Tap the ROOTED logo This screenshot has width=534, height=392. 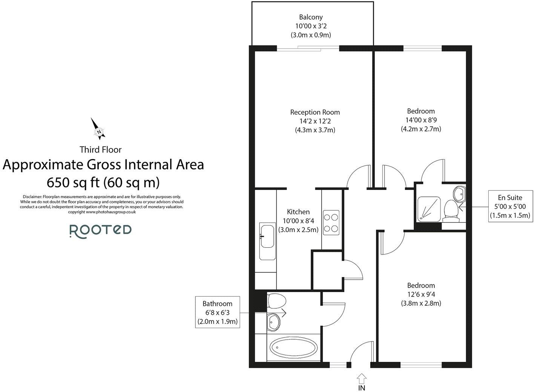[101, 230]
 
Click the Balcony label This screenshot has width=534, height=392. [311, 17]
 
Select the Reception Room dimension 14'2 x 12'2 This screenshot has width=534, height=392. [315, 121]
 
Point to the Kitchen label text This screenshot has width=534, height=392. [298, 212]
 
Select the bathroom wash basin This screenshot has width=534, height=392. [275, 322]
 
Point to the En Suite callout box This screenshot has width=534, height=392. [510, 207]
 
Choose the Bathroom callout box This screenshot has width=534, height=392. [217, 312]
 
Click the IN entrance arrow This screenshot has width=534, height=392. [361, 379]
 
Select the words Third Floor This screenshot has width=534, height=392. [100, 150]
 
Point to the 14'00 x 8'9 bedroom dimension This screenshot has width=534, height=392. [421, 120]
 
